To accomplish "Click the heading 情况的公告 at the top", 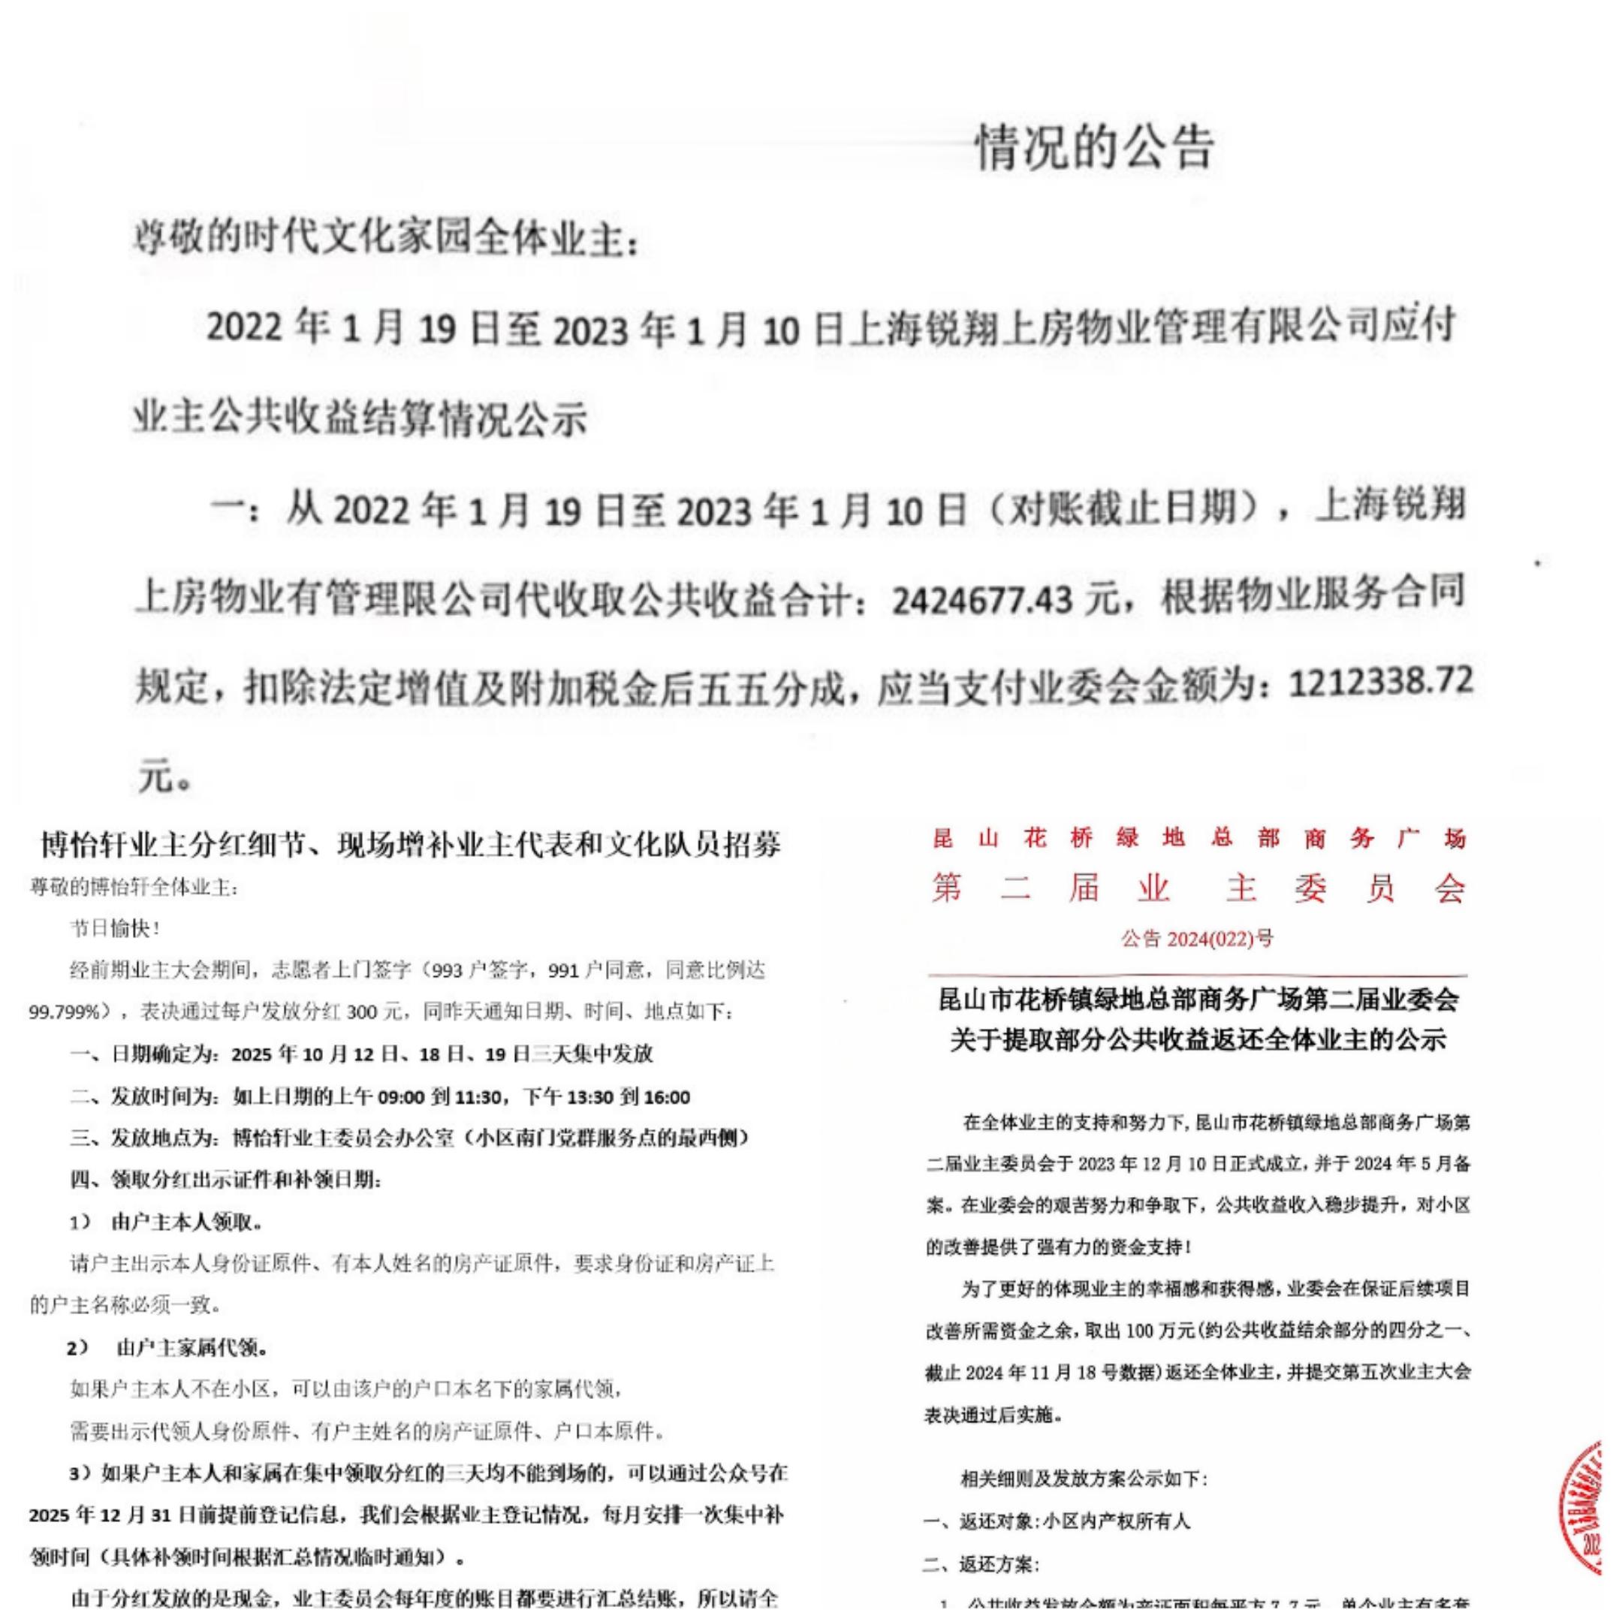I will (1094, 149).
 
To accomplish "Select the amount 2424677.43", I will (981, 599).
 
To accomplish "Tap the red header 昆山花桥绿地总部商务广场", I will (1199, 838).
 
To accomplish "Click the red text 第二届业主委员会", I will (1199, 888).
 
